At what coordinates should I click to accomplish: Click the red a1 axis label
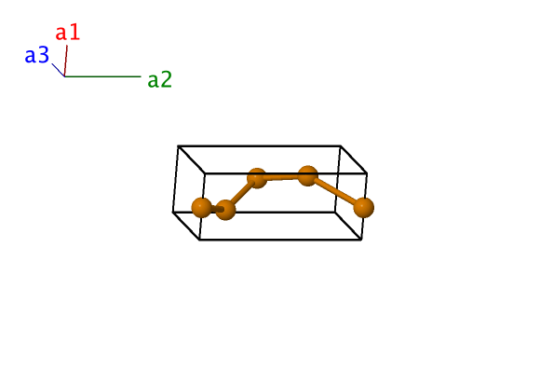(68, 33)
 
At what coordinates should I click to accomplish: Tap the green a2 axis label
(160, 79)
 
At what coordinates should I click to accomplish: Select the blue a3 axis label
(37, 55)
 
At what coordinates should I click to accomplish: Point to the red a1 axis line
(66, 61)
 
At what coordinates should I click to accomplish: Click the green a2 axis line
(103, 76)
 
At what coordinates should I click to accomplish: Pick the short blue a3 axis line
(59, 70)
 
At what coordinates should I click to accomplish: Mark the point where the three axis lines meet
(65, 76)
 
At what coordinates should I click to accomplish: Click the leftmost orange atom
(201, 208)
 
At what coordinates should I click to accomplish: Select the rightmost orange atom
(364, 208)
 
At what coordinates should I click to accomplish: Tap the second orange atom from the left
(225, 210)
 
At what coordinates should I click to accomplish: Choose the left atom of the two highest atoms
(257, 178)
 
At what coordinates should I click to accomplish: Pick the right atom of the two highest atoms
(307, 176)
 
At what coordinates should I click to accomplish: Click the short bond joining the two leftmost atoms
(214, 209)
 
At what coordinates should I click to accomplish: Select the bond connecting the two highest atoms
(282, 177)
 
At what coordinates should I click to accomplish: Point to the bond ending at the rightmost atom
(336, 192)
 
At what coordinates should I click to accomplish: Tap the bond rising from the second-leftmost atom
(241, 194)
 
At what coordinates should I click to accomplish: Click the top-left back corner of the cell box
(178, 145)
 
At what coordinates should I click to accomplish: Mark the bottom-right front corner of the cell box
(361, 240)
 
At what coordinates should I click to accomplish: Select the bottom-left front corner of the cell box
(200, 240)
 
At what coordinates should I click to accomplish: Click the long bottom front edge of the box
(280, 240)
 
